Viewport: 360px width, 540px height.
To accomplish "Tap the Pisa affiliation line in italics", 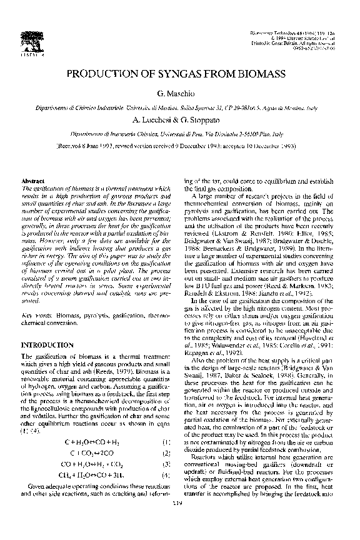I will (180, 133).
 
